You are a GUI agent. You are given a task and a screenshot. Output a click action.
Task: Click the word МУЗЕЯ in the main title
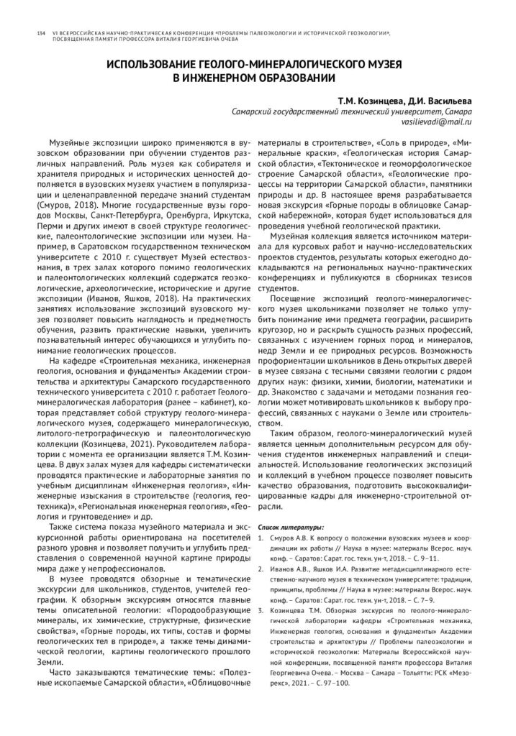[x=381, y=65]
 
